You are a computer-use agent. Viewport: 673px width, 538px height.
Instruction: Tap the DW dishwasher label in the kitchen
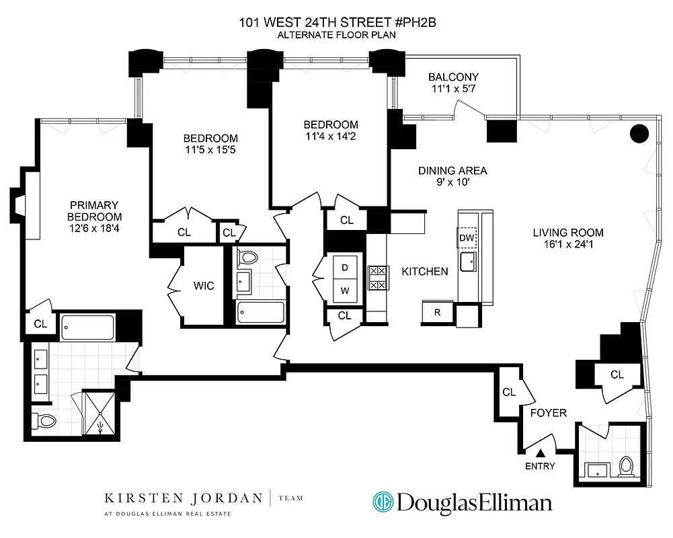tap(467, 237)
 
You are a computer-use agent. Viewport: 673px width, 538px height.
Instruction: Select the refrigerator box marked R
tap(437, 313)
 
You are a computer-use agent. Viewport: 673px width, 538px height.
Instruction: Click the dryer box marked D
tap(345, 267)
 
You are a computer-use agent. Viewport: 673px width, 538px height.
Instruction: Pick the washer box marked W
tap(345, 291)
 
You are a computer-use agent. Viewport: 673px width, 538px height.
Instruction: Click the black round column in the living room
tap(638, 133)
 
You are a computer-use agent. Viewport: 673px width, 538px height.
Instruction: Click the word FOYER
tap(548, 413)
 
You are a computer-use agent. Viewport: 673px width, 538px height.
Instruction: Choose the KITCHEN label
tap(424, 272)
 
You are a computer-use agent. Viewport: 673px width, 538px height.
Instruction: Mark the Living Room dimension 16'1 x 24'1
tap(568, 245)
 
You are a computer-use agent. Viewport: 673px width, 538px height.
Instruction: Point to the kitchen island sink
tap(467, 260)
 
